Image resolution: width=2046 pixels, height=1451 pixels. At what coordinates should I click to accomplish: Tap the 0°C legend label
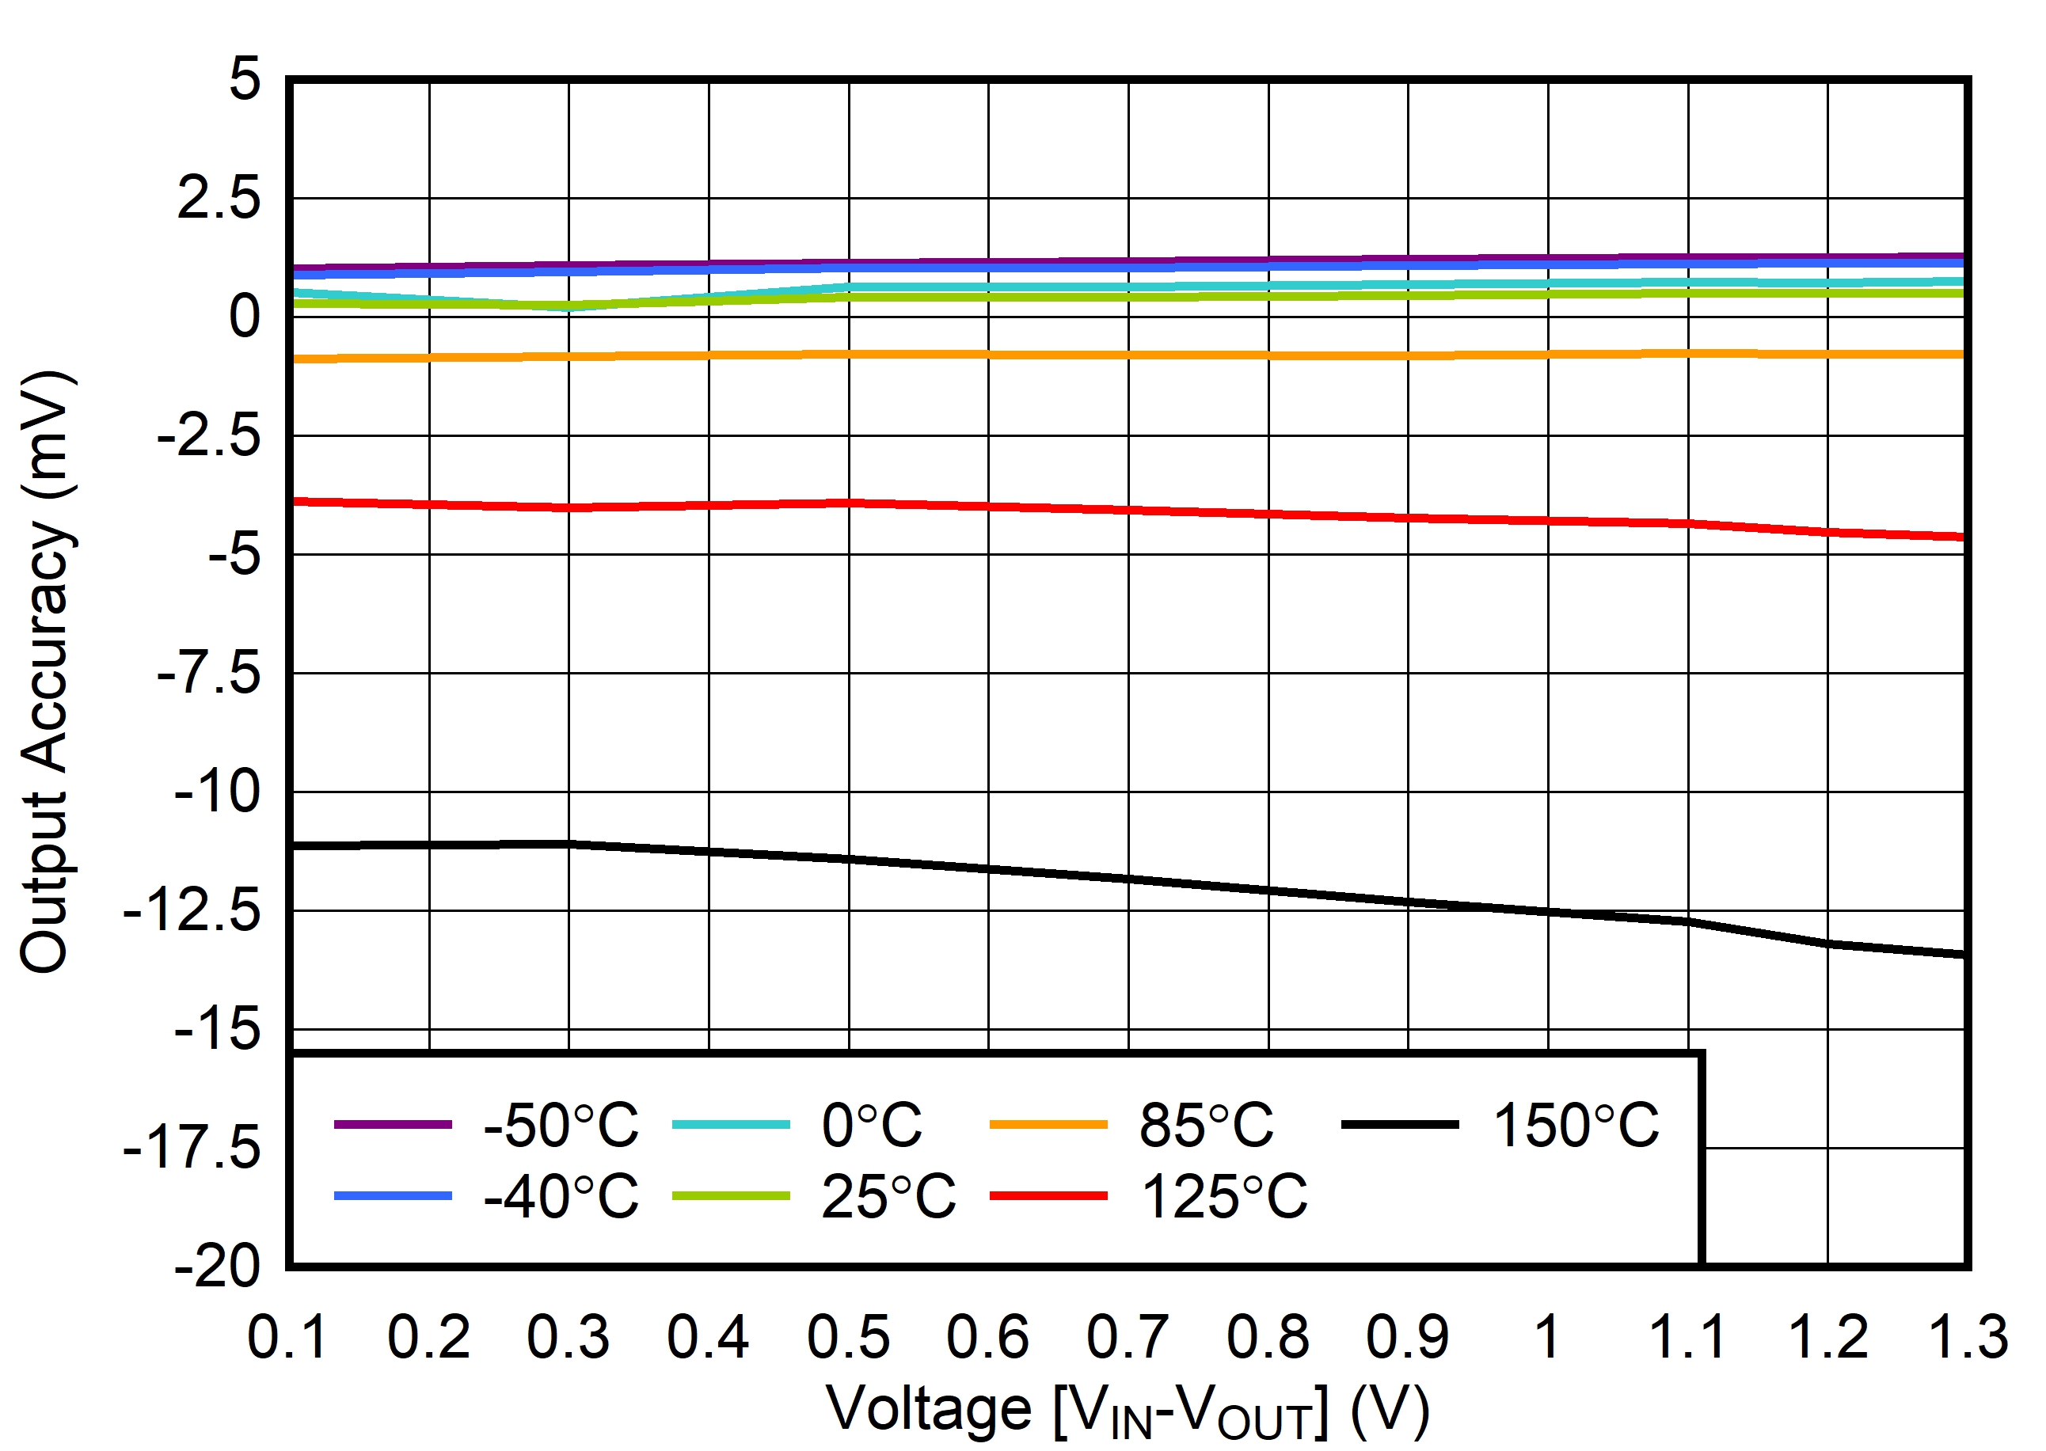point(871,1125)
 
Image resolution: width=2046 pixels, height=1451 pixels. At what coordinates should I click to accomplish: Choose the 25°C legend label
point(888,1196)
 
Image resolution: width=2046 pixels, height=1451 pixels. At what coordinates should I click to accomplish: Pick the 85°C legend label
point(1205,1125)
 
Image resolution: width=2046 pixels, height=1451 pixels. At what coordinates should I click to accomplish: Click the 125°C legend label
point(1223,1196)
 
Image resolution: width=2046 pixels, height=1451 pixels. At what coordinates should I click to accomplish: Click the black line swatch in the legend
point(1400,1125)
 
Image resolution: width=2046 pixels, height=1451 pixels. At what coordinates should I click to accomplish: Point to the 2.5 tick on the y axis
point(219,199)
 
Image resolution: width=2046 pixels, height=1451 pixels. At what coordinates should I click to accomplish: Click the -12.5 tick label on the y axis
point(192,911)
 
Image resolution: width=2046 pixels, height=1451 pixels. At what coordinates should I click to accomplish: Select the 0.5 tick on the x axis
point(848,1338)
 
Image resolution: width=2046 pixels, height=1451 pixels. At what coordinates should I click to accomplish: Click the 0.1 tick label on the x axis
point(287,1338)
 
